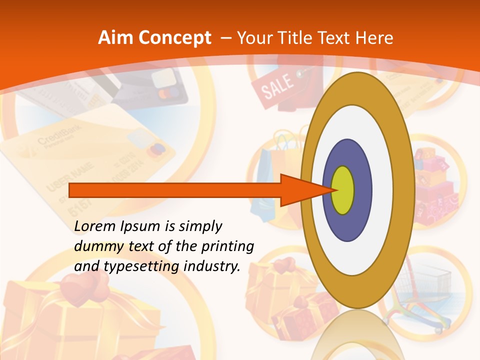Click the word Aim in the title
(115, 38)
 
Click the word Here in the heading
(374, 38)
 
